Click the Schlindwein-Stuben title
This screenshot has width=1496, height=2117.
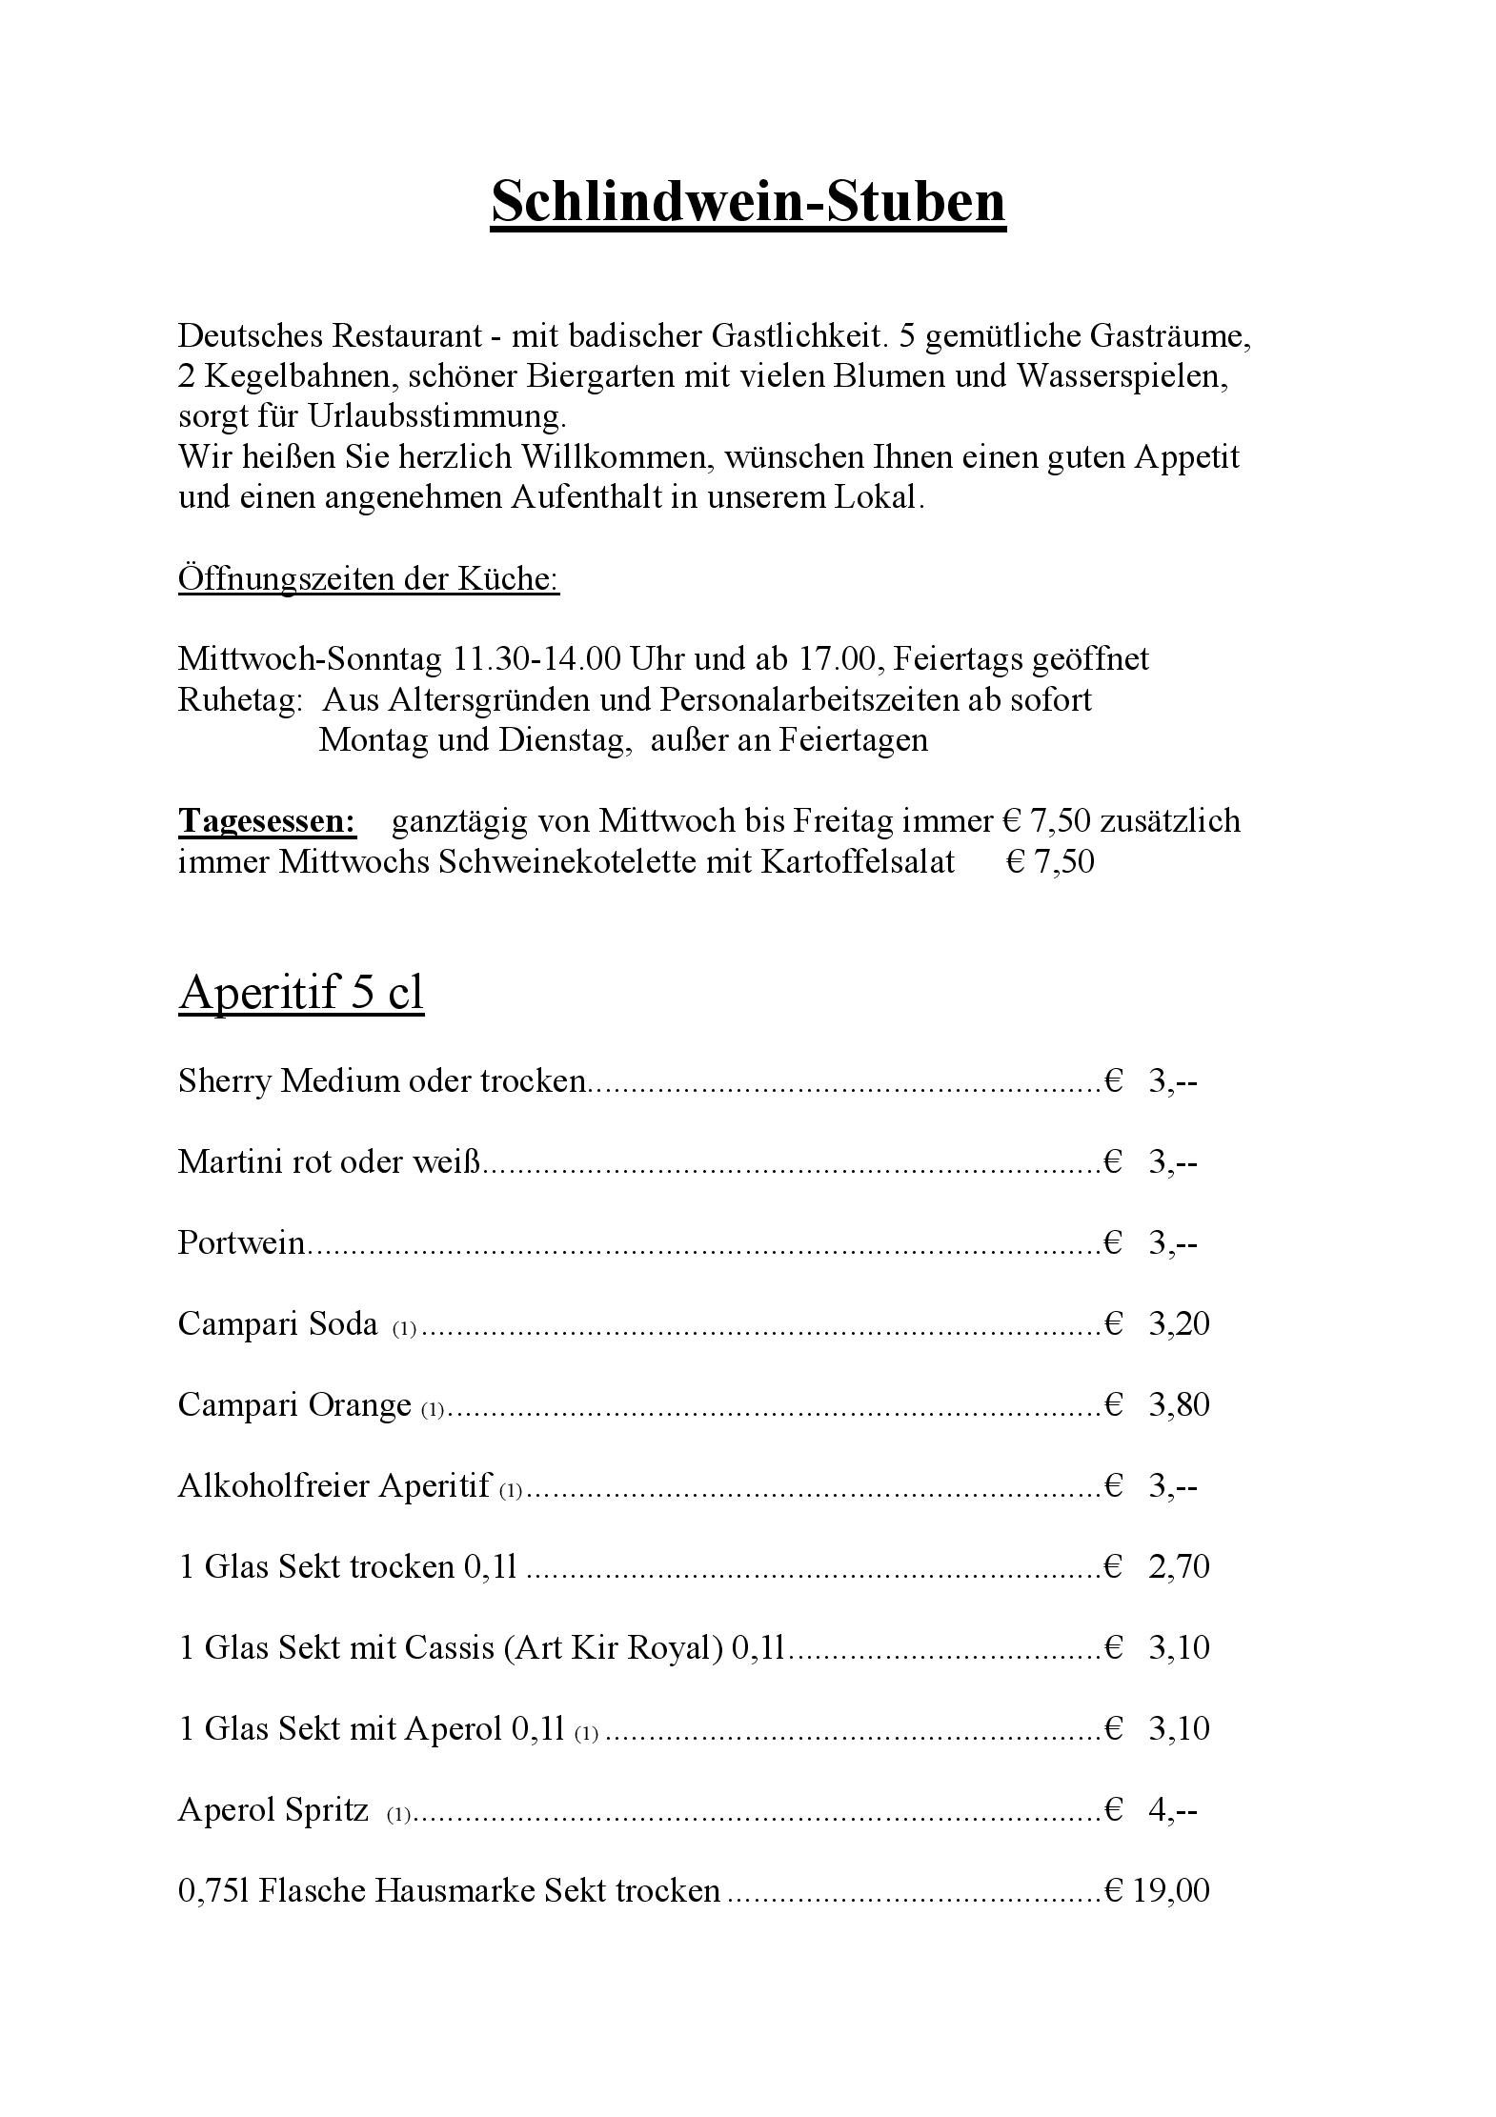[748, 202]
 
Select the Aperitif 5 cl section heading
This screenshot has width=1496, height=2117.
[300, 993]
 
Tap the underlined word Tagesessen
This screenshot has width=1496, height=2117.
[267, 821]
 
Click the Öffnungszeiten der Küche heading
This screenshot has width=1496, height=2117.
[368, 578]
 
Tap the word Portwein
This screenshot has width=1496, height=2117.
[241, 1243]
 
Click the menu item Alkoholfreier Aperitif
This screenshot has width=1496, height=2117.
[334, 1486]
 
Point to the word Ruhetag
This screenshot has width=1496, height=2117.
[239, 700]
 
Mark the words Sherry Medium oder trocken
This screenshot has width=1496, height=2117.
[381, 1081]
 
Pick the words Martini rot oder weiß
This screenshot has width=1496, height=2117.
[330, 1162]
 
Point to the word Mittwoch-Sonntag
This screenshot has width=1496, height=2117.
[310, 659]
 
